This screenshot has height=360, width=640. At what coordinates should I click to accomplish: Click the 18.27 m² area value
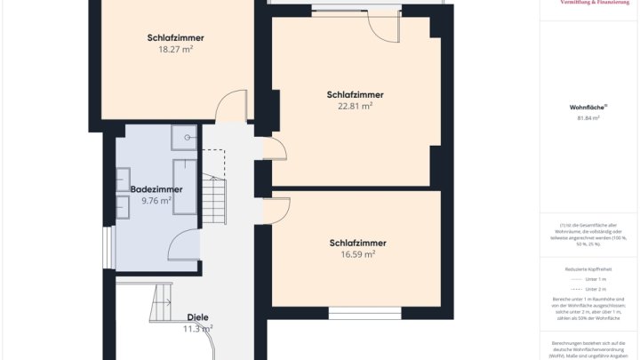tap(175, 50)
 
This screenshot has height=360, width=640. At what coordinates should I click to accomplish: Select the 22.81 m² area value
tap(355, 106)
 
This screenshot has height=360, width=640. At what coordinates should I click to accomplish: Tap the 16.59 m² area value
tap(356, 253)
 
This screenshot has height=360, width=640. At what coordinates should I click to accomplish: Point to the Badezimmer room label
tap(156, 189)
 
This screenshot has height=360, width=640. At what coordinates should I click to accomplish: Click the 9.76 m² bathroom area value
tap(156, 201)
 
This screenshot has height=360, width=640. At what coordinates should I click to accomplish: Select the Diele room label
tap(198, 317)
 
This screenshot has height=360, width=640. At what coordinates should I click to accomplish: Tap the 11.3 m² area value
tap(198, 329)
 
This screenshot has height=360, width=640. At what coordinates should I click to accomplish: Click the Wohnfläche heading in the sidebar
tap(586, 107)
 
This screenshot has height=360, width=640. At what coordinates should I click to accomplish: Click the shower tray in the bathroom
tap(184, 134)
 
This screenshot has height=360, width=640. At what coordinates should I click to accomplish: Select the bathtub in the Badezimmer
tap(185, 187)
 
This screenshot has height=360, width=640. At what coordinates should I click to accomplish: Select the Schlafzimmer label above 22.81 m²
tap(356, 94)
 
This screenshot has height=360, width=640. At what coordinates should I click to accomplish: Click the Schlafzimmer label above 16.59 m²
tap(357, 243)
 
